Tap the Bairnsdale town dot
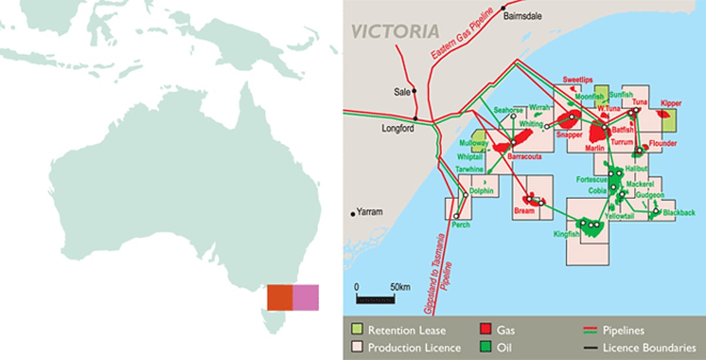(x=504, y=8)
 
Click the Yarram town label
(x=371, y=213)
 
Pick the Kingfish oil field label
(x=567, y=234)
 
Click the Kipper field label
(x=670, y=103)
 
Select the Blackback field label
(x=678, y=212)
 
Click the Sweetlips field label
(x=577, y=79)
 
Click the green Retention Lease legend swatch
(x=357, y=331)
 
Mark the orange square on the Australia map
(x=280, y=297)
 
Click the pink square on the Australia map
(x=306, y=297)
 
